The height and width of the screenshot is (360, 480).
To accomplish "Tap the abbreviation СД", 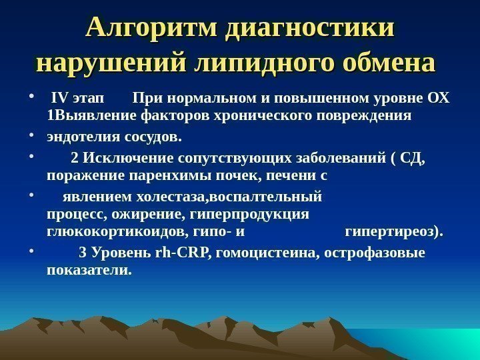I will coord(413,158).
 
